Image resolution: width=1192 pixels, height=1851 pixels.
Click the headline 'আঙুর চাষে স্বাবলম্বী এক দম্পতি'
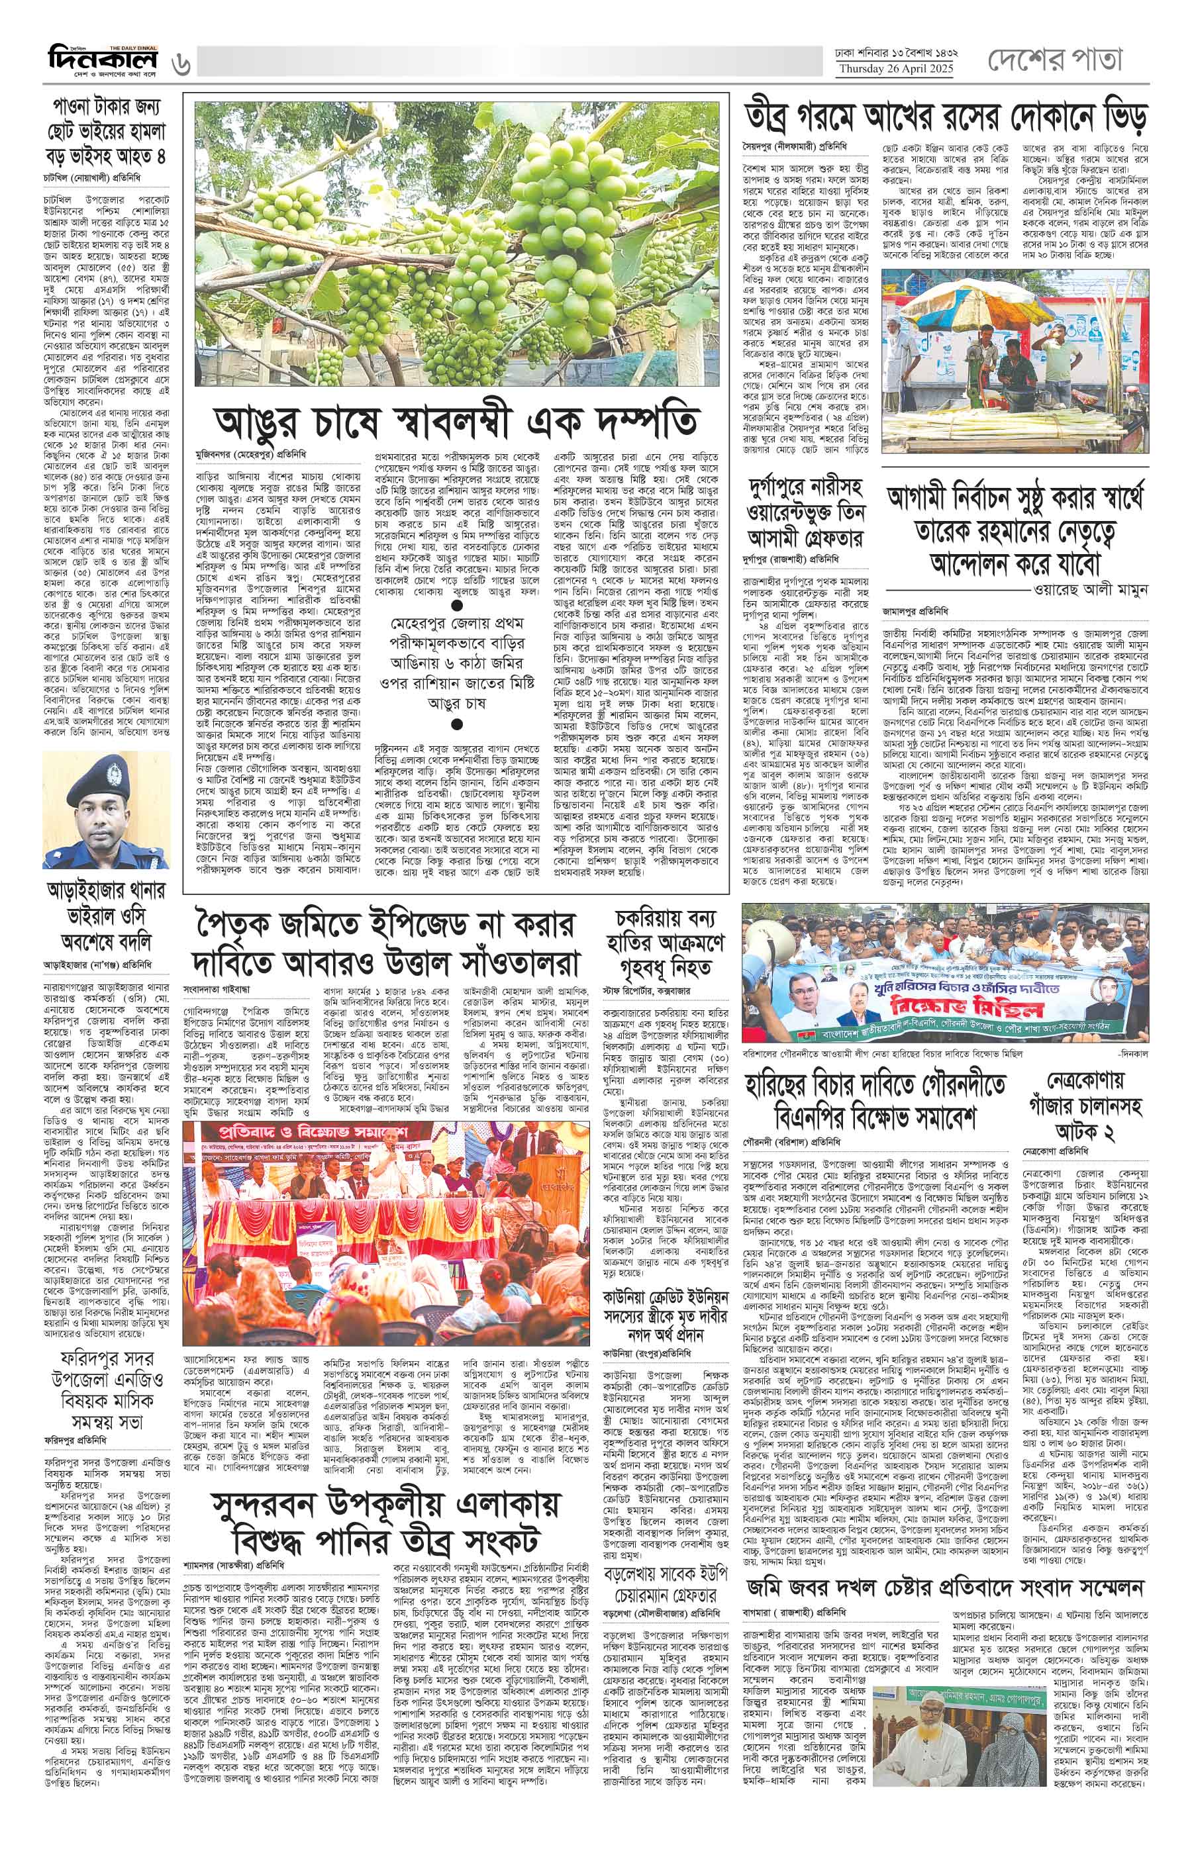(457, 422)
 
